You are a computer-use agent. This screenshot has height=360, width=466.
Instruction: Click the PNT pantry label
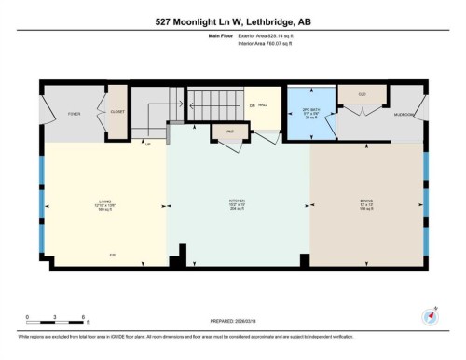coord(228,132)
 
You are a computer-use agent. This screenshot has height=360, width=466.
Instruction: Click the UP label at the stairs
coord(147,143)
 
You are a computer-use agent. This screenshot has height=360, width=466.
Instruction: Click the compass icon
coord(431,315)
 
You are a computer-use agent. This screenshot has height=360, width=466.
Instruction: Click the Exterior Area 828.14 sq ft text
coord(256,37)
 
